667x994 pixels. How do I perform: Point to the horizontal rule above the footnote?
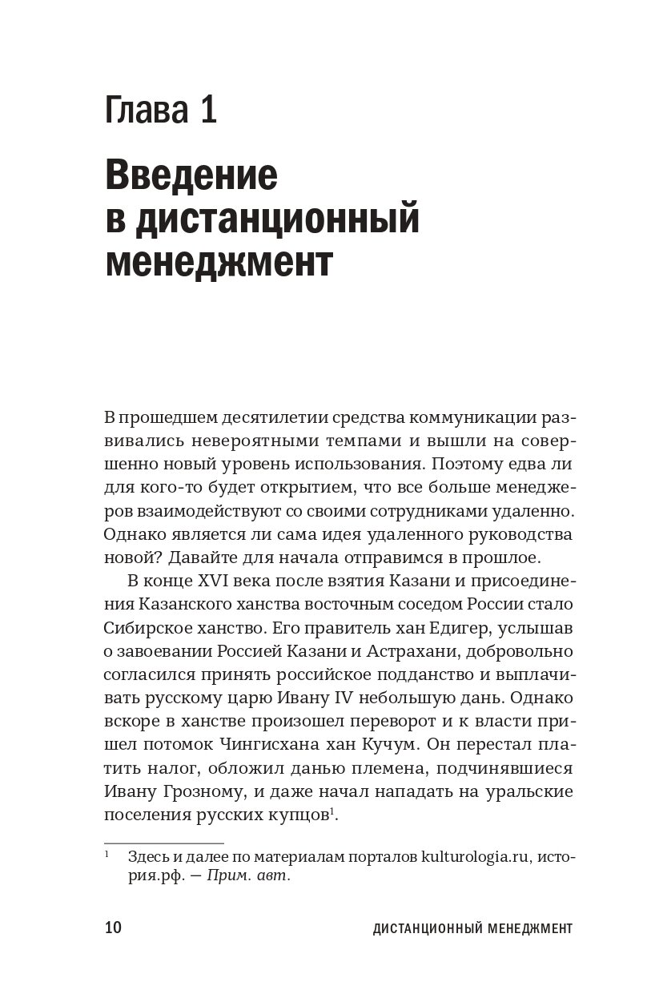point(164,843)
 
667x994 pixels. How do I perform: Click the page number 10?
point(113,928)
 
